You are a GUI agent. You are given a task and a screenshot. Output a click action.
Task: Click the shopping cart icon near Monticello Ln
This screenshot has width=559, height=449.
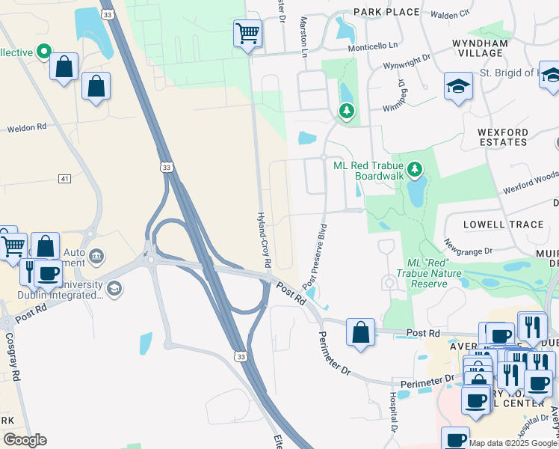tap(247, 33)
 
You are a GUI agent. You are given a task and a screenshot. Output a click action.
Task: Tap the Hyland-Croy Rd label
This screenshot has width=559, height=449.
tap(263, 239)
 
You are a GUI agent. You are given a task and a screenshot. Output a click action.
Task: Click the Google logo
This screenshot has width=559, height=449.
tap(25, 440)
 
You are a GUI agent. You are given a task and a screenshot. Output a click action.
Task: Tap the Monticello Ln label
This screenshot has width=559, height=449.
tap(373, 46)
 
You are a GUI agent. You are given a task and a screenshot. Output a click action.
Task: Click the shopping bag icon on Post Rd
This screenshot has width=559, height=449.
tap(360, 332)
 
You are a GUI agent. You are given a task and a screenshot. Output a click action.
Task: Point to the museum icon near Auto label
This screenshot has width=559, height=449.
tap(96, 257)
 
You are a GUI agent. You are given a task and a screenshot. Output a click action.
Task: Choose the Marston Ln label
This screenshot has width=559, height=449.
tap(304, 37)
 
